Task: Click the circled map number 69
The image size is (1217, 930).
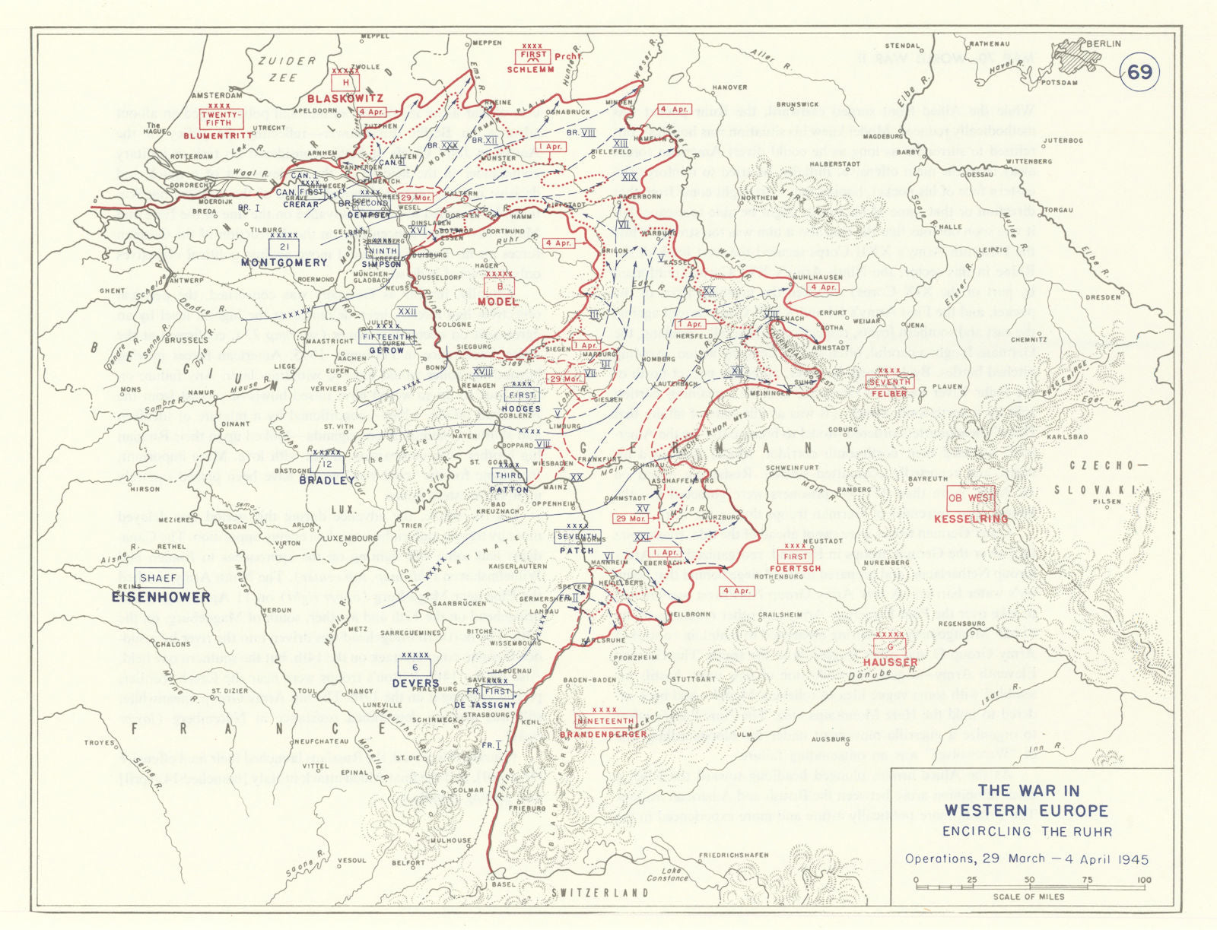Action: pos(1139,72)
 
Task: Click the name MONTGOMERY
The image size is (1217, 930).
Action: pos(284,262)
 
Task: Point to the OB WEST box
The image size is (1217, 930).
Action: pos(971,498)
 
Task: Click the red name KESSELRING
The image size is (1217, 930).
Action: pos(971,519)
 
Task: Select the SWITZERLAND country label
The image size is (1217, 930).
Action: pos(600,893)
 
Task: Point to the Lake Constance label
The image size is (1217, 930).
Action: pos(667,874)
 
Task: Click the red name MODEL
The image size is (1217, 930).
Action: pos(498,302)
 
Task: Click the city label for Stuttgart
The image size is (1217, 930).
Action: pos(693,679)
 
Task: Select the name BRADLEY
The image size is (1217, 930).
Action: pos(326,481)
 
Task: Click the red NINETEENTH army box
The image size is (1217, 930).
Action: pos(605,721)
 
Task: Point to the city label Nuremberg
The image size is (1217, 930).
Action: pos(886,563)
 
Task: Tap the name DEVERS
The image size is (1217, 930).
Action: pos(416,684)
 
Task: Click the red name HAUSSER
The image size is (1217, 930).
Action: pos(890,662)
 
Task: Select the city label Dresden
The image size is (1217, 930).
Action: pos(1103,297)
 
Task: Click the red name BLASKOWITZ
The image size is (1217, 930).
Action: pos(345,99)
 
